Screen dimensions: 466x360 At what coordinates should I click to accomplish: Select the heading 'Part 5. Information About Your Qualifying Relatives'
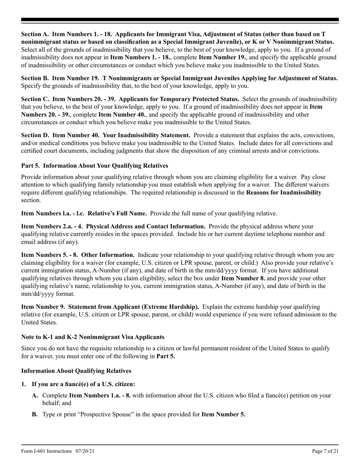[x=94, y=166]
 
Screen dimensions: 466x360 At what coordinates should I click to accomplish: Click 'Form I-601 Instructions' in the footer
[x=46, y=451]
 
